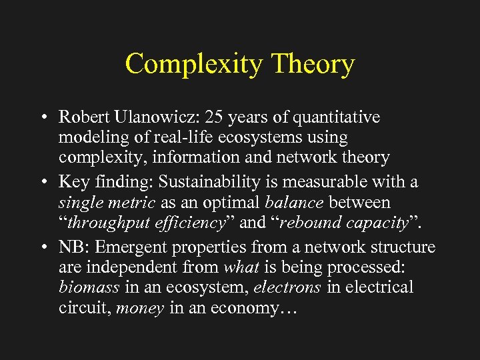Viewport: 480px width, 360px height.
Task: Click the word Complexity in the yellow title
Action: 194,65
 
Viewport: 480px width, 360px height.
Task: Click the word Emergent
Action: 131,247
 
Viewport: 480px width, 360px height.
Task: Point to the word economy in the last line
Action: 264,309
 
